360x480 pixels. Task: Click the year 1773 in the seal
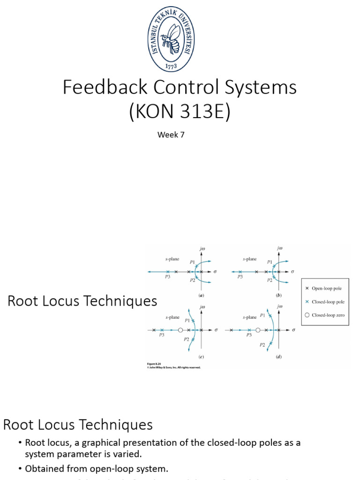171,66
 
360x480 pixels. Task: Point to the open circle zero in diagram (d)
258,330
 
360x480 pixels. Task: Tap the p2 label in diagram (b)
270,280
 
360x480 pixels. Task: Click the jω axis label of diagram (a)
202,249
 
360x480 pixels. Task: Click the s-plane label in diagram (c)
172,317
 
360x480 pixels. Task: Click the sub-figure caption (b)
279,296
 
